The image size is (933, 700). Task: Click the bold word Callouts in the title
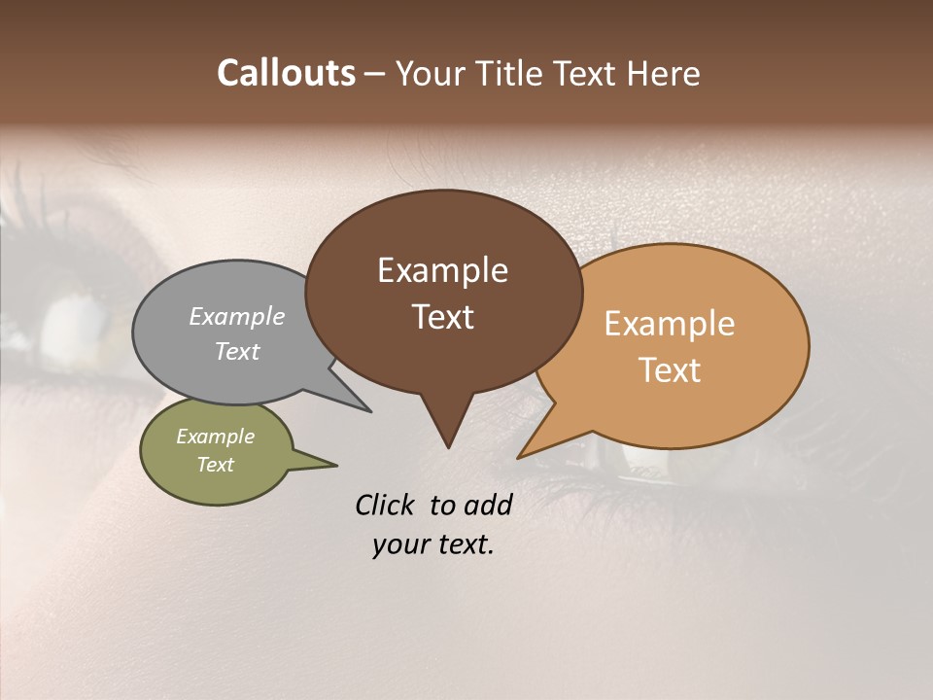point(286,73)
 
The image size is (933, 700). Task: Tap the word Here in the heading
point(661,74)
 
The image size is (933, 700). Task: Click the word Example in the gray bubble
point(237,316)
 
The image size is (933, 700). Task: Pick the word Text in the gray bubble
point(237,351)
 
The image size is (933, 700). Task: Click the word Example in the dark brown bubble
point(442,270)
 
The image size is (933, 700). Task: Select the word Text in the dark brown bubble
point(443,317)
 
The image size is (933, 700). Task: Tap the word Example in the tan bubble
point(670,324)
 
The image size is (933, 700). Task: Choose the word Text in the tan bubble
point(671,370)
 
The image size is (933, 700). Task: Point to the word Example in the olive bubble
point(216,437)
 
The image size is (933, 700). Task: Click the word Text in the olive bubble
point(216,465)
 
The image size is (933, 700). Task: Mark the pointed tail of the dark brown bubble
point(448,433)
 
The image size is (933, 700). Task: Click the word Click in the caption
point(385,505)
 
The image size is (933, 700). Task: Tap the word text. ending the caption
point(463,544)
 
